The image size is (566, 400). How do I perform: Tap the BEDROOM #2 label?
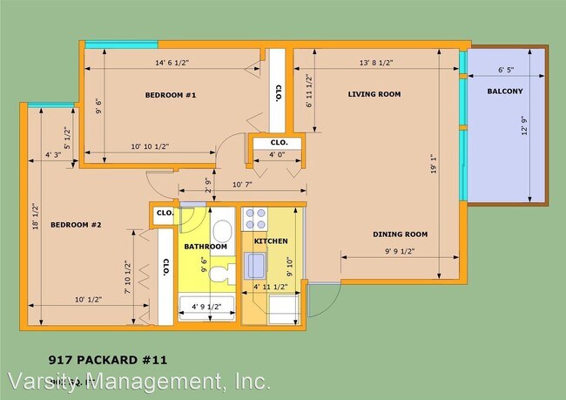pyautogui.click(x=76, y=225)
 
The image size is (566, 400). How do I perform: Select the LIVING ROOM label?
pyautogui.click(x=374, y=93)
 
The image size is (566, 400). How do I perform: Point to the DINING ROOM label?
pyautogui.click(x=400, y=234)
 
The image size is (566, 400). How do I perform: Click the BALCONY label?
pyautogui.click(x=504, y=91)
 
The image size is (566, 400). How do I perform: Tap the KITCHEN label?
pyautogui.click(x=270, y=241)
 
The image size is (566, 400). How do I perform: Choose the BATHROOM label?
pyautogui.click(x=206, y=247)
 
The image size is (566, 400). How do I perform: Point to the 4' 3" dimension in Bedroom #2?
pyautogui.click(x=53, y=156)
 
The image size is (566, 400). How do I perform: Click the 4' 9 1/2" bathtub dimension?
pyautogui.click(x=206, y=305)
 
